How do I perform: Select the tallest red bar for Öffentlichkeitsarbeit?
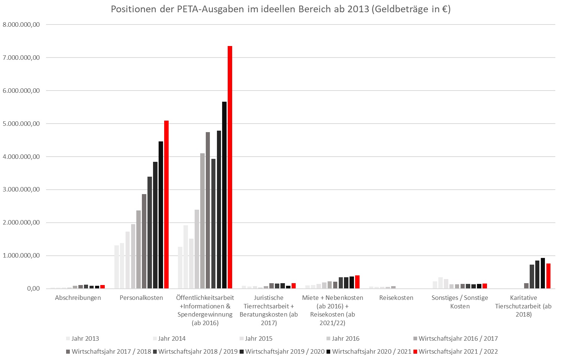click(230, 167)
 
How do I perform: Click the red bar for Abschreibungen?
click(103, 287)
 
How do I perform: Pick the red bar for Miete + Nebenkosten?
click(357, 282)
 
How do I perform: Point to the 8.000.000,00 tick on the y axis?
click(21, 24)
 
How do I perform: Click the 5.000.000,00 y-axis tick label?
click(21, 124)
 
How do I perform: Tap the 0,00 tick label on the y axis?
click(33, 288)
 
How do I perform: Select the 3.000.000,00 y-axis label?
click(21, 190)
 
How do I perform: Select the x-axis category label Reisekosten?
click(396, 298)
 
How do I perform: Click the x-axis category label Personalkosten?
click(141, 298)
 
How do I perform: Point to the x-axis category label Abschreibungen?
click(78, 298)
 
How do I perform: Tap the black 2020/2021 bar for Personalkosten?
click(161, 215)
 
